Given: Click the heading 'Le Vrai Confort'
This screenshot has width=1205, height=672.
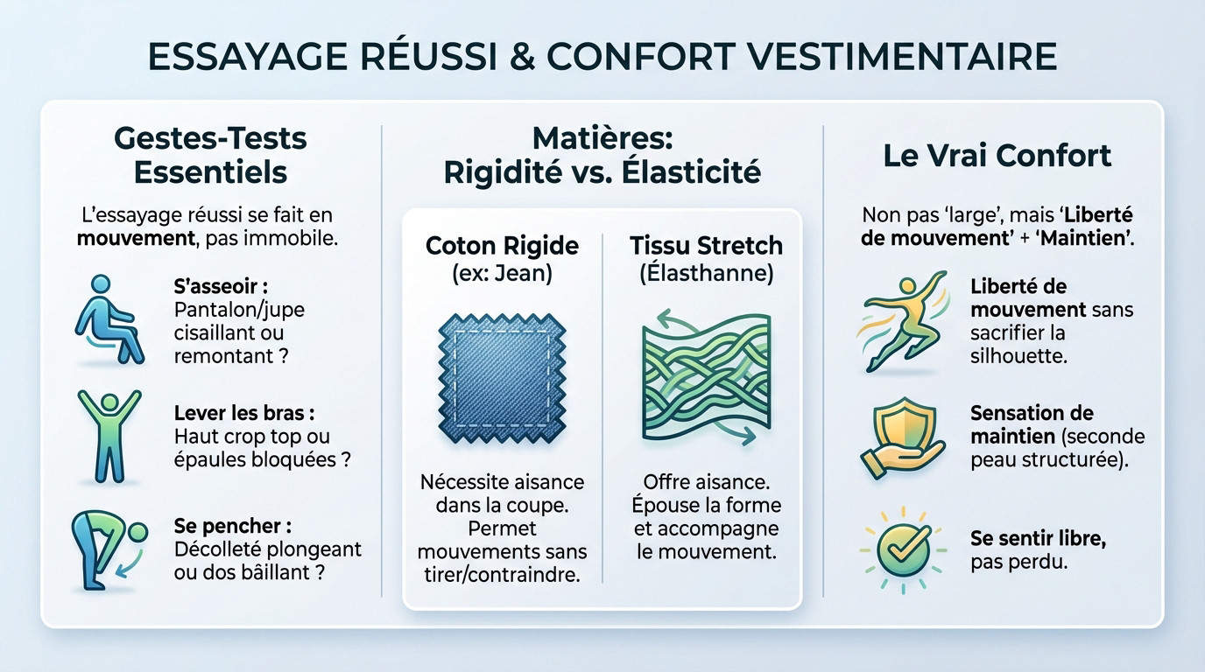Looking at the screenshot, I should pyautogui.click(x=996, y=155).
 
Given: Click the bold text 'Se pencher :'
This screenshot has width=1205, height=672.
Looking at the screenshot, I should pyautogui.click(x=232, y=527).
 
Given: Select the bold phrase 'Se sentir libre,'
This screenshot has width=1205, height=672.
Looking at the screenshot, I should pyautogui.click(x=1038, y=538).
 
